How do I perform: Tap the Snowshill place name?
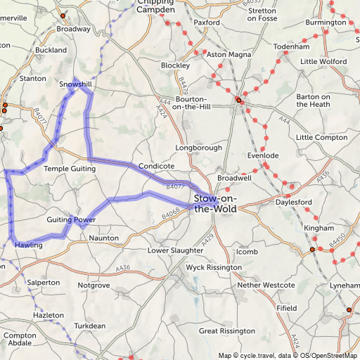tap(75, 84)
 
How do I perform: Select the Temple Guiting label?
tap(69, 169)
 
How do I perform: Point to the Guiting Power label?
tap(70, 220)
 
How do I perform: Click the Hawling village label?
tap(29, 245)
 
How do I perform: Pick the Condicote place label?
tap(156, 166)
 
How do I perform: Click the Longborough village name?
tap(198, 148)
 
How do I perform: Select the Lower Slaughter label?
tap(175, 250)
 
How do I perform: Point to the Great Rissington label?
tap(226, 330)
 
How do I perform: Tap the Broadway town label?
tap(73, 30)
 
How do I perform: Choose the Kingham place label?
tap(319, 229)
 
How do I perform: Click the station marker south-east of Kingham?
tap(312, 249)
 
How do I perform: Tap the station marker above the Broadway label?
tap(63, 15)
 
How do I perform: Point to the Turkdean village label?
tap(90, 326)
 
